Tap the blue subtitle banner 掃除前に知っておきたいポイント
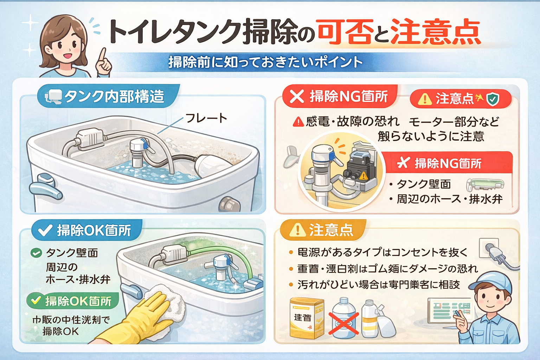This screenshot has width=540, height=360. [265, 62]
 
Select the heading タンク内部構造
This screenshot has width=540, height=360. [114, 96]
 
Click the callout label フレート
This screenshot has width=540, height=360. [206, 118]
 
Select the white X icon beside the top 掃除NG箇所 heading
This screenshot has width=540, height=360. [297, 96]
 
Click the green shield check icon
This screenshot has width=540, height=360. [493, 99]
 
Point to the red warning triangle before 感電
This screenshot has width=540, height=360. [298, 122]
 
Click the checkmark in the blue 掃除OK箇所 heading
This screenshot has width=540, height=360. [45, 230]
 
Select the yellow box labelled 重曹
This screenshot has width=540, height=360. [306, 318]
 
